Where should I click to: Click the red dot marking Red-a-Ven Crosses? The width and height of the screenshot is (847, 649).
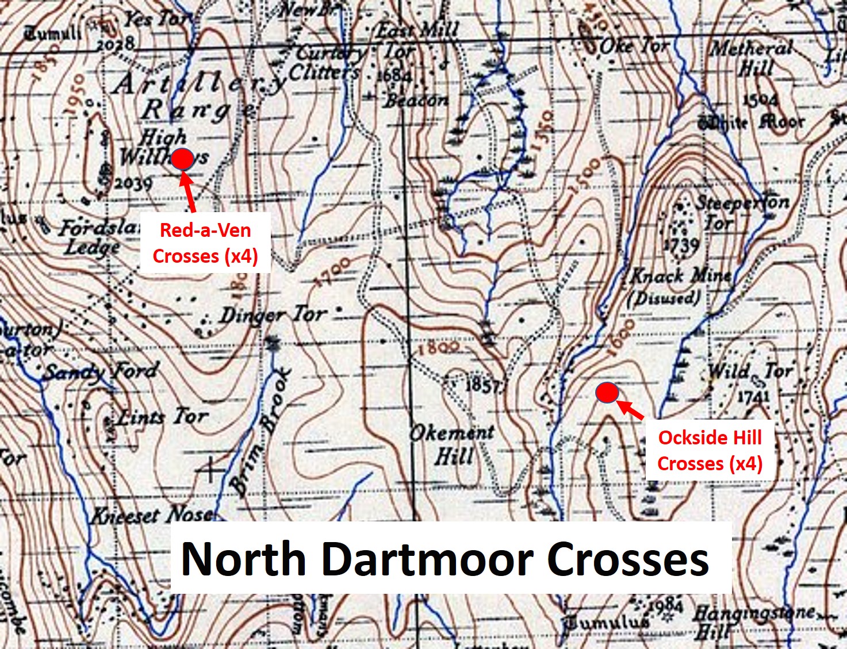click(x=182, y=159)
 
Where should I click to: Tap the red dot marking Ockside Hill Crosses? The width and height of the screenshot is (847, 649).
click(x=607, y=393)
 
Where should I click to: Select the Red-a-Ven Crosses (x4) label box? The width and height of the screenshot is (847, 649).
click(x=205, y=243)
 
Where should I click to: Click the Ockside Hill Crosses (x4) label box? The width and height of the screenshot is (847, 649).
click(x=710, y=450)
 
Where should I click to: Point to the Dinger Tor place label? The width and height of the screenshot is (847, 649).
click(x=273, y=315)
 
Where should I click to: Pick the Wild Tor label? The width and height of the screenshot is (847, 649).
click(x=750, y=371)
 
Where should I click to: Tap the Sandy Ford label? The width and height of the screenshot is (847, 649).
click(x=101, y=372)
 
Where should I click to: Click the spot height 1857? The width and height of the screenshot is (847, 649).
click(x=482, y=385)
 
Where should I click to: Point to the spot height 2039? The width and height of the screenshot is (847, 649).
click(x=133, y=183)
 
